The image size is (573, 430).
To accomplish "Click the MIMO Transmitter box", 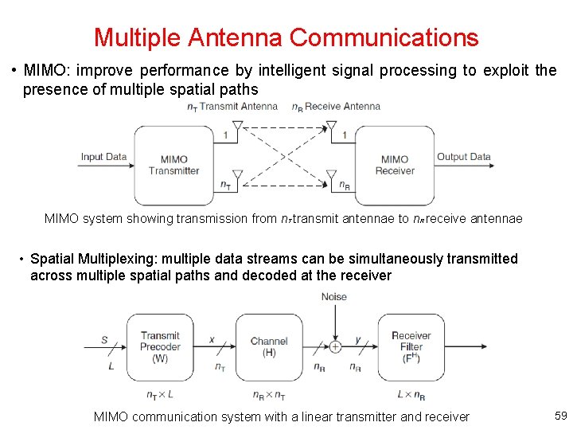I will tap(173, 165).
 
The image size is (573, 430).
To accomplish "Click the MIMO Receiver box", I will tap(394, 165).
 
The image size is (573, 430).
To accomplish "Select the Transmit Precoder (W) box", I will tap(160, 347).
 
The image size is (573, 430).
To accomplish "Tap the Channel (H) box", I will tap(269, 347).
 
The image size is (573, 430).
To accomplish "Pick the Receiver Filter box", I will tap(411, 347).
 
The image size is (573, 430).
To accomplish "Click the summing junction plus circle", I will tap(335, 347).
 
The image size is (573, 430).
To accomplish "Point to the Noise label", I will tap(334, 297).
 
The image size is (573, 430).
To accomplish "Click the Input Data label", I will tap(103, 157).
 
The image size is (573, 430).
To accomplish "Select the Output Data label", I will tap(464, 157).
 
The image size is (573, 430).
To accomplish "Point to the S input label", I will tap(104, 340).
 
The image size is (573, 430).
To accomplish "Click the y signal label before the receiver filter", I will tap(358, 340).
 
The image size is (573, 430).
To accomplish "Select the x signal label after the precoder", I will tap(212, 340).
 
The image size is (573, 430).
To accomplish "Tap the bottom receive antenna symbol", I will tap(331, 174).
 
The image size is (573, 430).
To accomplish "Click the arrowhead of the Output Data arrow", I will tap(491, 166).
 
